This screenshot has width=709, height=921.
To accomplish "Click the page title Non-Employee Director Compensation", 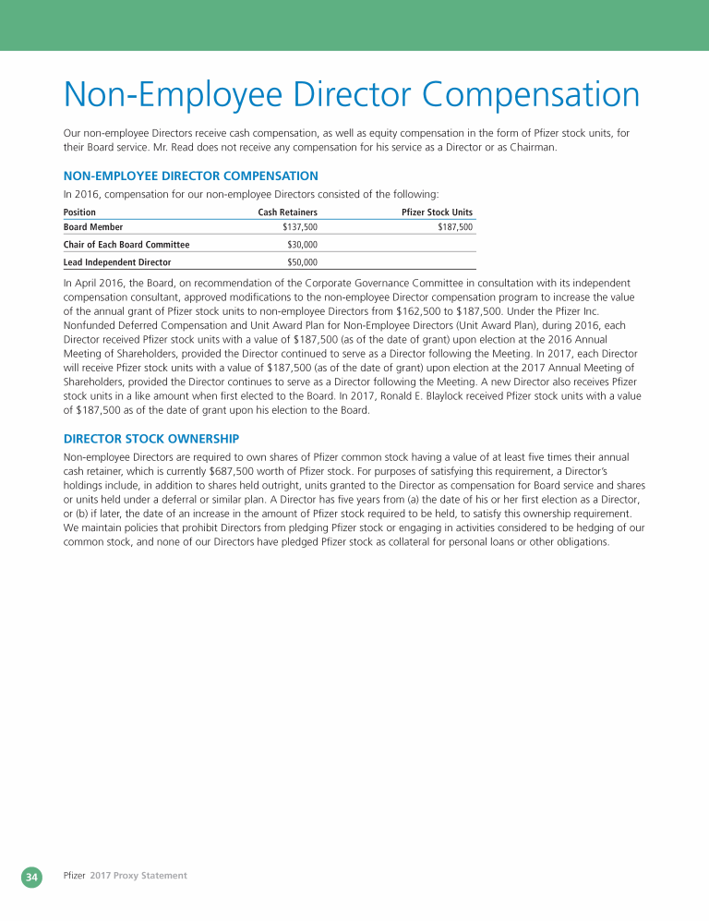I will tap(351, 96).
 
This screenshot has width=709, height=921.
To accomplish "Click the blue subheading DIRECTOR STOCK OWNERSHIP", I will tap(150, 438).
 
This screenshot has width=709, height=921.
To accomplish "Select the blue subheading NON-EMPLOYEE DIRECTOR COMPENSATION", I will tap(190, 176).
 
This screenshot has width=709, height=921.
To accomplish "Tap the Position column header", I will tap(79, 212).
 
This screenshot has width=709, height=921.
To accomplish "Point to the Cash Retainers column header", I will tap(287, 212).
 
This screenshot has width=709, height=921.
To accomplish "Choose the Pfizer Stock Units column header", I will tap(437, 212).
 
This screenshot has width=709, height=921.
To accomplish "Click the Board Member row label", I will tap(93, 227).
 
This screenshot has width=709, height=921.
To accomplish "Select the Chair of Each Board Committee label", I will tap(126, 245).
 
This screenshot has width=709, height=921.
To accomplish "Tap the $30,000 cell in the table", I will tap(303, 245).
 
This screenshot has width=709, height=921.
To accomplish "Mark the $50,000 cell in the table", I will tap(303, 262).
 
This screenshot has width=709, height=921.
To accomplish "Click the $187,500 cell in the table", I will tap(455, 227).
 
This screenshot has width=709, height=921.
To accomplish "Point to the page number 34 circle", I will tap(31, 876).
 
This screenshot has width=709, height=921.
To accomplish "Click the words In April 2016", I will tap(90, 282).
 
